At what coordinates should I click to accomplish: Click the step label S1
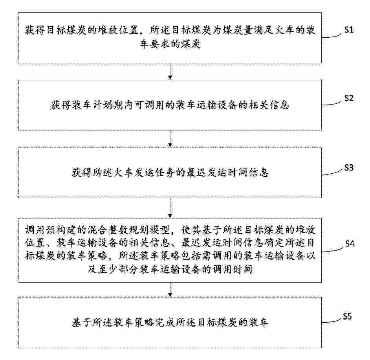[x=349, y=30]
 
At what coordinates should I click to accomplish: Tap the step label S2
[x=349, y=98]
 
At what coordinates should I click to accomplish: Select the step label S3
[x=349, y=167]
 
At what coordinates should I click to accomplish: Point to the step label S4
[x=350, y=243]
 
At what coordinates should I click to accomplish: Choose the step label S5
[x=347, y=316]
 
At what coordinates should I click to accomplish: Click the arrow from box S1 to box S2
[x=170, y=72]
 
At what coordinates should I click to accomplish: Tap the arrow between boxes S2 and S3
[x=170, y=139]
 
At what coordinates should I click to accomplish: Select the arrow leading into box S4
[x=170, y=208]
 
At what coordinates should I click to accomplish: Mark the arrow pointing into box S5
[x=170, y=290]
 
